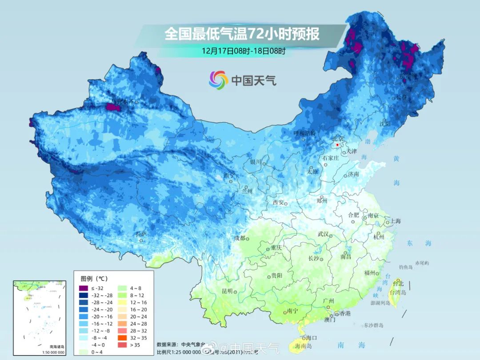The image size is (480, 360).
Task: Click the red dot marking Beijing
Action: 337,145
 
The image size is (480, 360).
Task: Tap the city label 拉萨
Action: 141,234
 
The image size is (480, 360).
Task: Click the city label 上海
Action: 395,221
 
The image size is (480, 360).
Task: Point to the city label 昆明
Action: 227,291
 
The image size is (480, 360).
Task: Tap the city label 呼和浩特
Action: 304,133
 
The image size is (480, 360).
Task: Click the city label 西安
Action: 278,203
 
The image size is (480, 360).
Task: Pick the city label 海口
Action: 311,338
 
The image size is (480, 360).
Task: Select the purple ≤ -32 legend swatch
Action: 83,288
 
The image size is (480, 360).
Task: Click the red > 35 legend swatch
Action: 121,344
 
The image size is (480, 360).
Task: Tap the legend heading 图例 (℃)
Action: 94,279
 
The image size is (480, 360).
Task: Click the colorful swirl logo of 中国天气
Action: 218,80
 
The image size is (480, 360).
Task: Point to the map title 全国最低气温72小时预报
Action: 242,34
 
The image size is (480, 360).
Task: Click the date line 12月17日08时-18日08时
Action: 243,51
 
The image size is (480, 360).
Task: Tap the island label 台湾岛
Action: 398,292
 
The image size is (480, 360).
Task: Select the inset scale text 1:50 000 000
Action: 51,352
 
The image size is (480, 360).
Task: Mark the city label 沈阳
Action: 385,124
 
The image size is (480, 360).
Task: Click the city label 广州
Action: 328,301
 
